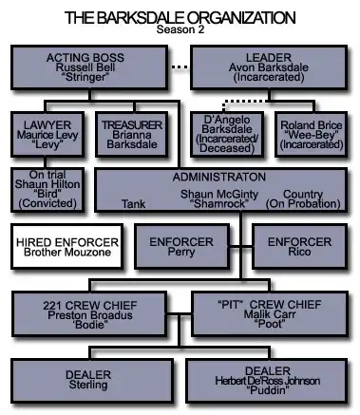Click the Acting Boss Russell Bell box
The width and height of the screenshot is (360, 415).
(x=89, y=67)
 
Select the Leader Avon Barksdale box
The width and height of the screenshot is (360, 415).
(x=269, y=67)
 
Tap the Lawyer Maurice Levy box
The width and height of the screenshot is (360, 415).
(x=47, y=134)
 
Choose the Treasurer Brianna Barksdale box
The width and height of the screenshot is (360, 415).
(x=132, y=134)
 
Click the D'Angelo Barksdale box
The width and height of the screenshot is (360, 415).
(x=227, y=134)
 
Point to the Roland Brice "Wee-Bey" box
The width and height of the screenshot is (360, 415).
(x=312, y=134)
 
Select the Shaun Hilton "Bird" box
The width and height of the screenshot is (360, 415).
(x=47, y=190)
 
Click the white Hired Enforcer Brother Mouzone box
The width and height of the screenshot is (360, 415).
(x=67, y=247)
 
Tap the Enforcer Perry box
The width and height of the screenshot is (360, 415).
(x=181, y=247)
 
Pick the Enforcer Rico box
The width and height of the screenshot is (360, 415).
(x=299, y=247)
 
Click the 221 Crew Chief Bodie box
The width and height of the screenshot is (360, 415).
(x=89, y=314)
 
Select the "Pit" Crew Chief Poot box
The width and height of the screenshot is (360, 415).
(x=270, y=314)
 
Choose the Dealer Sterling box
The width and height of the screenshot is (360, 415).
(x=92, y=381)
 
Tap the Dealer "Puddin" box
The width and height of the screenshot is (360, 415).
(x=268, y=381)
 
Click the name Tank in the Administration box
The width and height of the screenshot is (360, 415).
(x=133, y=204)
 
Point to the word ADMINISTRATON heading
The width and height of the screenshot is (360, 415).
(x=219, y=177)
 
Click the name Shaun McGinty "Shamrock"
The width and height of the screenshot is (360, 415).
(x=219, y=198)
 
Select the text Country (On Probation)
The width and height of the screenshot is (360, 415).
(x=303, y=198)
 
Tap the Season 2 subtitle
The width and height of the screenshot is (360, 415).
(x=180, y=29)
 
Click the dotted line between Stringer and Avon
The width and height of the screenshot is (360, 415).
(x=180, y=66)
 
